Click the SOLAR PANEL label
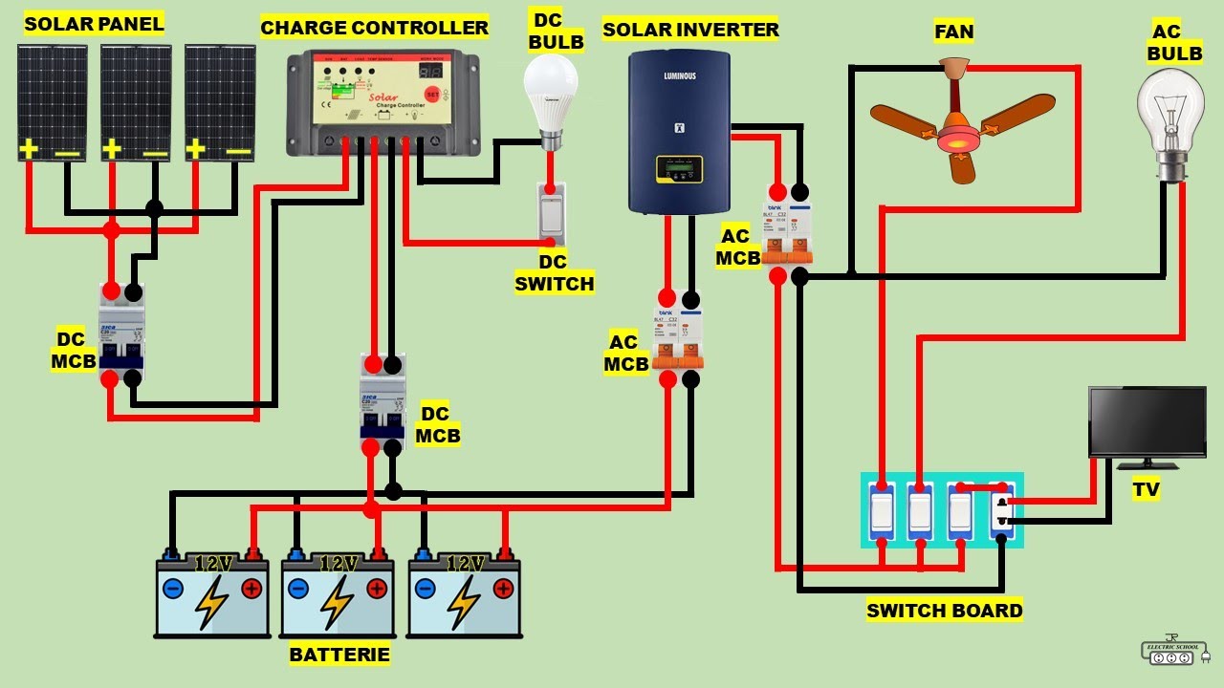[x=94, y=23]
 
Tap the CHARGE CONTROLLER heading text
[x=374, y=28]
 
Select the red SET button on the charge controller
[x=432, y=95]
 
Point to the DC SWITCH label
[x=554, y=272]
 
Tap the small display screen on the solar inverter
[x=679, y=170]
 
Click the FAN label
[x=953, y=32]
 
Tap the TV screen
[x=1147, y=422]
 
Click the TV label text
[x=1146, y=490]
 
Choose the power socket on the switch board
[x=1001, y=510]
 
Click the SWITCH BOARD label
[x=944, y=611]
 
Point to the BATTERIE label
[x=339, y=655]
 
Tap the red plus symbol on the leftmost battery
[x=251, y=589]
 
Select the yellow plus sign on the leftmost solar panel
[x=29, y=148]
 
